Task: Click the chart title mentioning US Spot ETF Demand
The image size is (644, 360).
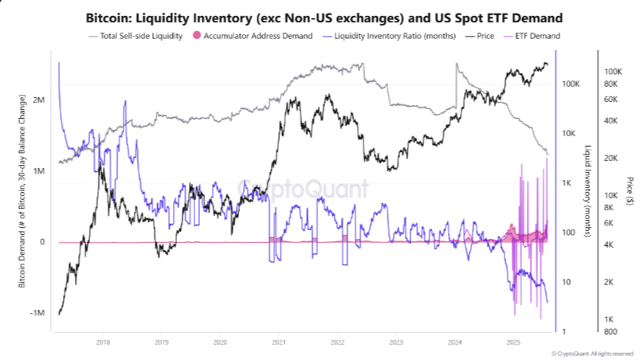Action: (321, 17)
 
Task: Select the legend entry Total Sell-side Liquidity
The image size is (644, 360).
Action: (140, 36)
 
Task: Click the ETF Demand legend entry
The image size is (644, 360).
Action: (537, 36)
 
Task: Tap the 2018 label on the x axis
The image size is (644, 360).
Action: (102, 342)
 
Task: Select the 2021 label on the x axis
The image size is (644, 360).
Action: (278, 342)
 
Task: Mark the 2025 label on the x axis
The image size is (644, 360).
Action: (513, 342)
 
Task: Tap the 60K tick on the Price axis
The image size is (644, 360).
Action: (612, 100)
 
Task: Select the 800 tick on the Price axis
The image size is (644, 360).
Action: (610, 331)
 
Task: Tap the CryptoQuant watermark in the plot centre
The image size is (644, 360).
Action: (305, 189)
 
